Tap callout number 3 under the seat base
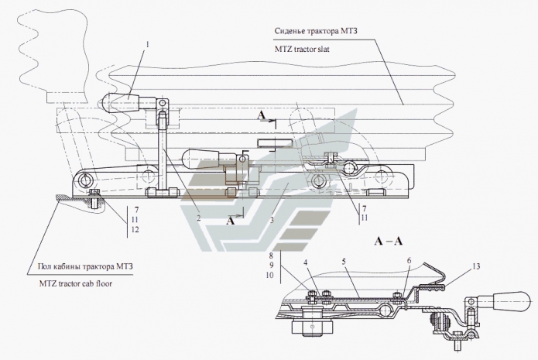[x=271, y=220]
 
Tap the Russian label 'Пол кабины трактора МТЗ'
[x=85, y=267]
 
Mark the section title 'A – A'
[x=389, y=241]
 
